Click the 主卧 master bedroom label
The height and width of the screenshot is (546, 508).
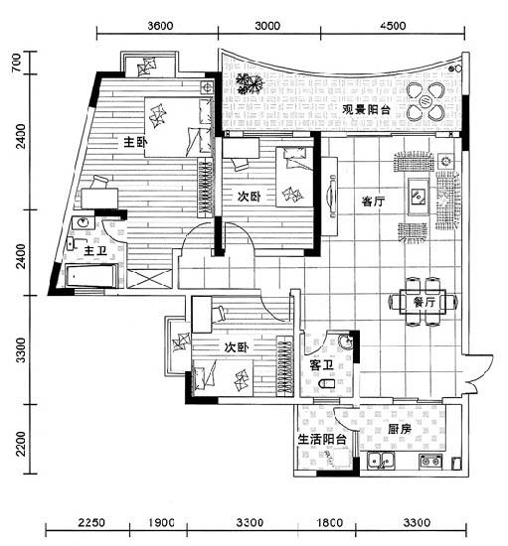click(x=135, y=142)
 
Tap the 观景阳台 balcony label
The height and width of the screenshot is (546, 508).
click(x=366, y=110)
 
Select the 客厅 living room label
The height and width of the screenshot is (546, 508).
click(x=373, y=202)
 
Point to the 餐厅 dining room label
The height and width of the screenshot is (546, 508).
click(x=423, y=302)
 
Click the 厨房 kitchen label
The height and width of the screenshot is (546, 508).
click(x=400, y=429)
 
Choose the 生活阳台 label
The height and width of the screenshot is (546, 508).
click(x=322, y=439)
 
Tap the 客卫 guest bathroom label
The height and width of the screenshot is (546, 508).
click(x=321, y=365)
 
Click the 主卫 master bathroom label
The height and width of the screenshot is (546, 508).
click(x=95, y=250)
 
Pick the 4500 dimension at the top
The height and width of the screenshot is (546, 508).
click(x=394, y=26)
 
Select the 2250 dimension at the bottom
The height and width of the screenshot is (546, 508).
click(x=91, y=522)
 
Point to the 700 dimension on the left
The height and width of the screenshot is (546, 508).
click(x=16, y=63)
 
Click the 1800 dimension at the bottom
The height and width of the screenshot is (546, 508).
click(x=330, y=522)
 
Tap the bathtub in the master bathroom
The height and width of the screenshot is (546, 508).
click(x=92, y=276)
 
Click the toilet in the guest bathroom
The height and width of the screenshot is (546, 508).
click(x=327, y=383)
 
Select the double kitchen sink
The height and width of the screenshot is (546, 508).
click(x=381, y=461)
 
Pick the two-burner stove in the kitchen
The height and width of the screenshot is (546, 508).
click(x=430, y=461)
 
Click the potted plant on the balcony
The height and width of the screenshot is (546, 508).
click(x=249, y=83)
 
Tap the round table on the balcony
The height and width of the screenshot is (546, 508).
click(x=425, y=101)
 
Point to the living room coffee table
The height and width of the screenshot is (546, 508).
click(x=419, y=197)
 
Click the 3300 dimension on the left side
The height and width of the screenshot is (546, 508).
click(x=21, y=350)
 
